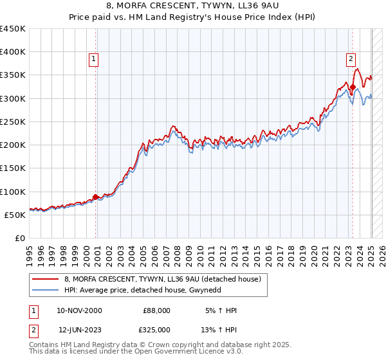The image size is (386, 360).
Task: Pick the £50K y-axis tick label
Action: (15, 215)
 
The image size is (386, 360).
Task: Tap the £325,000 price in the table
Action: (156, 330)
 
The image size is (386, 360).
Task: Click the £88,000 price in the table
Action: (156, 310)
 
